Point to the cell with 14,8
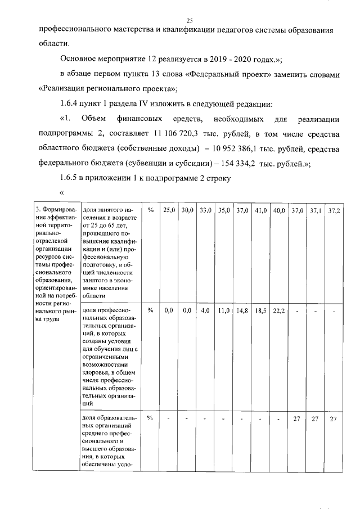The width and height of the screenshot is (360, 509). (x=242, y=310)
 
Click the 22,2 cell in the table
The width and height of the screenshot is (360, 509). (x=278, y=310)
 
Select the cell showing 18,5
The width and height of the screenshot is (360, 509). (x=260, y=310)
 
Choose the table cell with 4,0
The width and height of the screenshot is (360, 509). (x=205, y=310)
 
